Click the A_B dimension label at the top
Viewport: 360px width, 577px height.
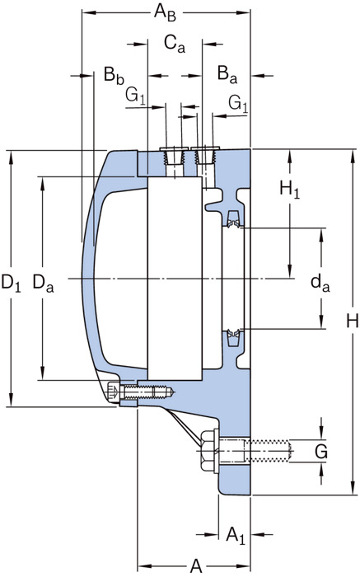coord(165,12)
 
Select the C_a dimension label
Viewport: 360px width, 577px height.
coord(175,45)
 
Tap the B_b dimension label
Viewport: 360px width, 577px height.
coord(114,76)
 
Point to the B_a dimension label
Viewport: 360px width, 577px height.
coord(227,74)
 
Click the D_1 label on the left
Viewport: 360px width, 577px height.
coord(11,284)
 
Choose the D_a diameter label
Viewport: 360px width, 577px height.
coord(43,284)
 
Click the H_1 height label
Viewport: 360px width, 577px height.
coord(289,190)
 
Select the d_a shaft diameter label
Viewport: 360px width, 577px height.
coord(320,284)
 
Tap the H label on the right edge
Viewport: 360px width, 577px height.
coord(353,321)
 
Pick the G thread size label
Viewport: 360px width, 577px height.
coord(321,451)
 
